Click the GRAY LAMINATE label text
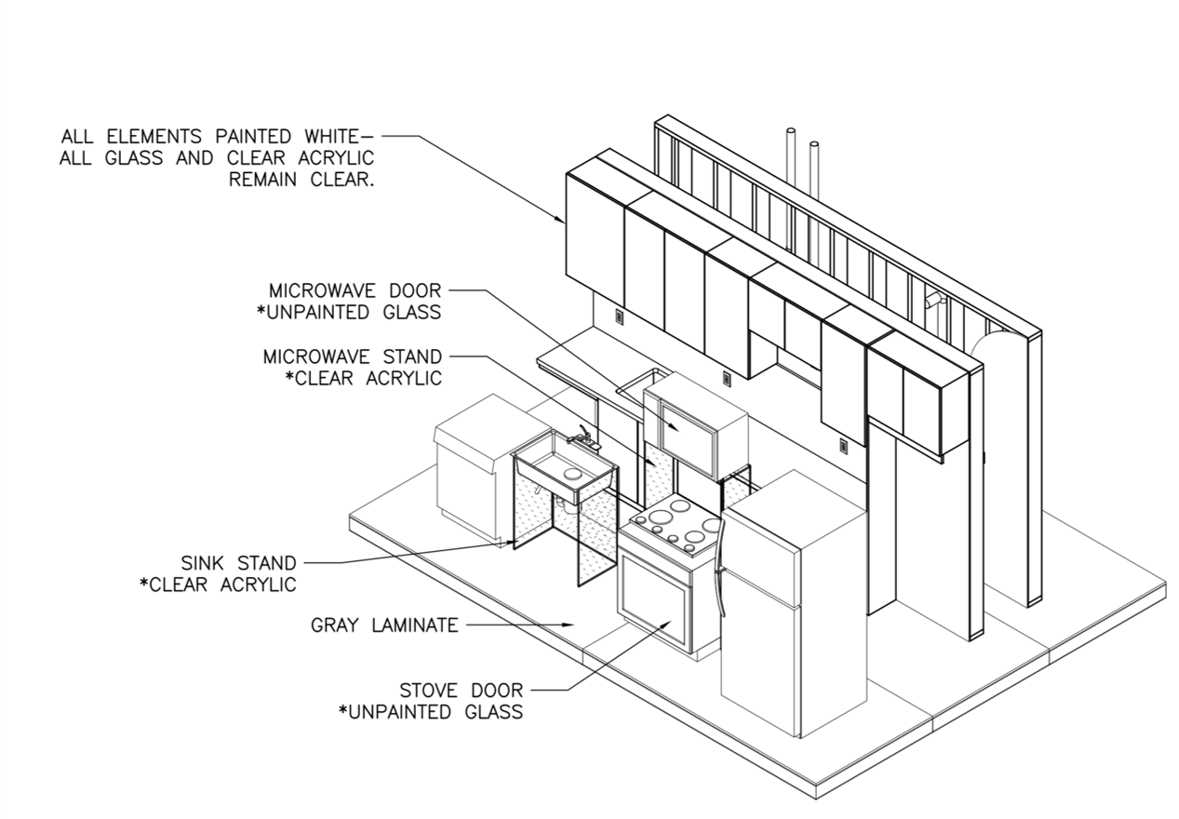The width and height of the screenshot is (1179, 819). click(383, 624)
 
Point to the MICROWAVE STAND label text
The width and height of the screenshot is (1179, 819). click(353, 356)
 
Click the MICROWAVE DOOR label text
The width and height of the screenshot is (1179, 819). click(355, 291)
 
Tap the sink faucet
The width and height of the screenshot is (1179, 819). click(581, 434)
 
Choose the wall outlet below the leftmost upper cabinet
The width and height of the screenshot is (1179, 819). click(619, 317)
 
